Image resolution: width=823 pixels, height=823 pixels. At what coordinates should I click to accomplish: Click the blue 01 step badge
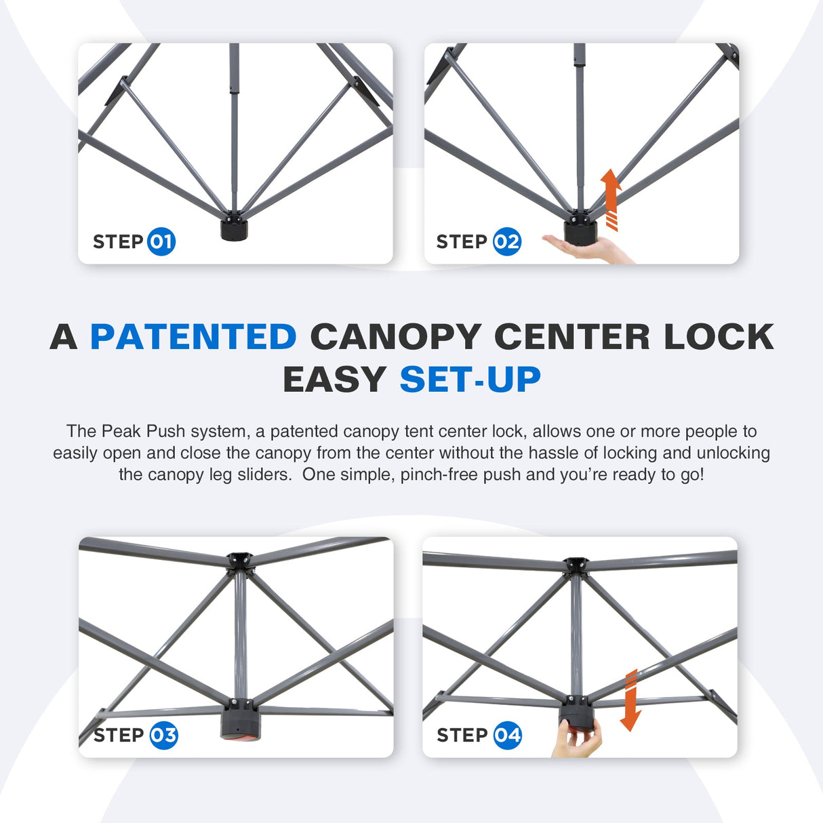pyautogui.click(x=161, y=241)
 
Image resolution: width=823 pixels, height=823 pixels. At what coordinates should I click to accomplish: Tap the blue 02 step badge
pyautogui.click(x=506, y=241)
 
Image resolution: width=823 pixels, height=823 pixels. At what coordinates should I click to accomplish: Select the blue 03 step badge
pyautogui.click(x=163, y=736)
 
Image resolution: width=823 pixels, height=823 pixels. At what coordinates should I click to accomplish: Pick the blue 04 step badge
pyautogui.click(x=507, y=736)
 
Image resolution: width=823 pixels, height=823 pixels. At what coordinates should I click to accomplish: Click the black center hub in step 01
pyautogui.click(x=235, y=228)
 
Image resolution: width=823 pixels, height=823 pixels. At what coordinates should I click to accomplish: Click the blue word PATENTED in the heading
pyautogui.click(x=193, y=337)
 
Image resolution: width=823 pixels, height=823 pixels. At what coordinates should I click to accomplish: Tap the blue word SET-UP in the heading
pyautogui.click(x=470, y=380)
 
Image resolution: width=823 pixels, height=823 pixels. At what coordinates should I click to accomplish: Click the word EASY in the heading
pyautogui.click(x=334, y=380)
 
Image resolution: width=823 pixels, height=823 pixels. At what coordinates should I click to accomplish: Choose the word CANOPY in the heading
pyautogui.click(x=396, y=337)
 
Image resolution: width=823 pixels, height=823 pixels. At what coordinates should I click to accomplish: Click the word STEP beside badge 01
pyautogui.click(x=118, y=241)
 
